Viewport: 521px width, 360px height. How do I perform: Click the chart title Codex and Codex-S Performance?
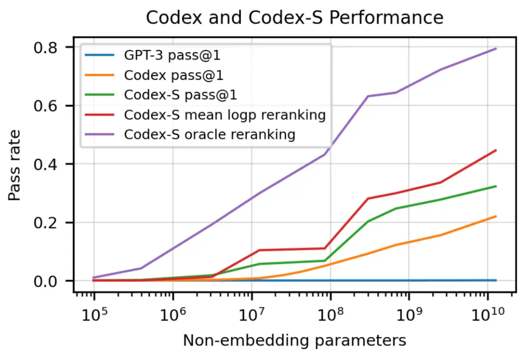294,18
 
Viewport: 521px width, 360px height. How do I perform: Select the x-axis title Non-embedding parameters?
294,340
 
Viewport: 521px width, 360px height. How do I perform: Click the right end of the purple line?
496,49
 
